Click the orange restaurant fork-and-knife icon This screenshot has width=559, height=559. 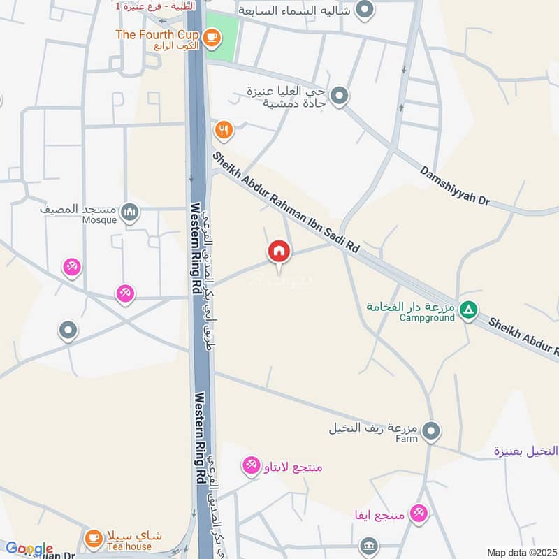(224, 129)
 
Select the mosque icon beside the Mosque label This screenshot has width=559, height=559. (129, 212)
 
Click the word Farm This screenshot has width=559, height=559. (406, 439)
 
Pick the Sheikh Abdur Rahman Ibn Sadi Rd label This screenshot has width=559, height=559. (286, 202)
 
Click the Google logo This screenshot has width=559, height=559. (29, 549)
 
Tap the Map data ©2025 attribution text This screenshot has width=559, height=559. (521, 552)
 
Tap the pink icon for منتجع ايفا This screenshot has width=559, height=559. (419, 514)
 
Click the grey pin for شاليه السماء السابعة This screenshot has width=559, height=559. (364, 10)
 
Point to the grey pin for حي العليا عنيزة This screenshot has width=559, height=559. (339, 96)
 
